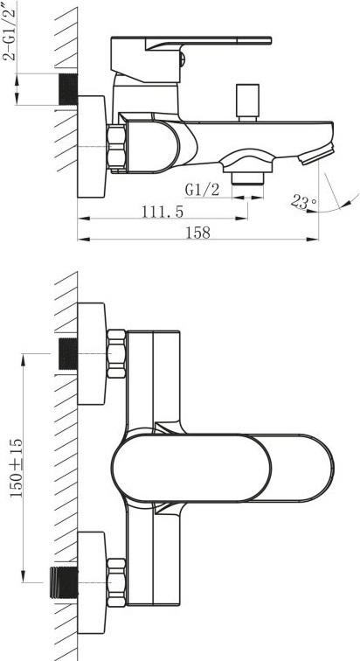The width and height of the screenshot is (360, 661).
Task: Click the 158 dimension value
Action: [197, 233]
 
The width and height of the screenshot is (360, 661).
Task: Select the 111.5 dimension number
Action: [163, 212]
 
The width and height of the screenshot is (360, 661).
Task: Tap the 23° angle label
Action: [303, 202]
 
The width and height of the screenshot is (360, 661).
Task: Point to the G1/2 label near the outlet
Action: [202, 190]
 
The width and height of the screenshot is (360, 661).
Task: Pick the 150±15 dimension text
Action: [17, 467]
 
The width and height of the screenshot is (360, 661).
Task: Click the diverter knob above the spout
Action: [247, 102]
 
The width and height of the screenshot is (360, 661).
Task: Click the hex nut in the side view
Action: [116, 147]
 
